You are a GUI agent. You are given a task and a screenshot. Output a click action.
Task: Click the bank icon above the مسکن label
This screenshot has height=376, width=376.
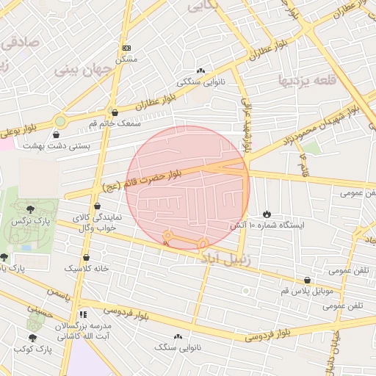[126, 48]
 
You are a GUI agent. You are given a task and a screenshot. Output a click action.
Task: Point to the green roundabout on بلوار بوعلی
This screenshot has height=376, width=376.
[60, 121]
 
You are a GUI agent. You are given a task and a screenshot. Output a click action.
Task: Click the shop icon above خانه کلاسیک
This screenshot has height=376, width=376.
[87, 257]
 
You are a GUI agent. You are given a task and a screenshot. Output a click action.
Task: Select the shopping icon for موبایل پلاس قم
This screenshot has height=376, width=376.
[306, 280]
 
